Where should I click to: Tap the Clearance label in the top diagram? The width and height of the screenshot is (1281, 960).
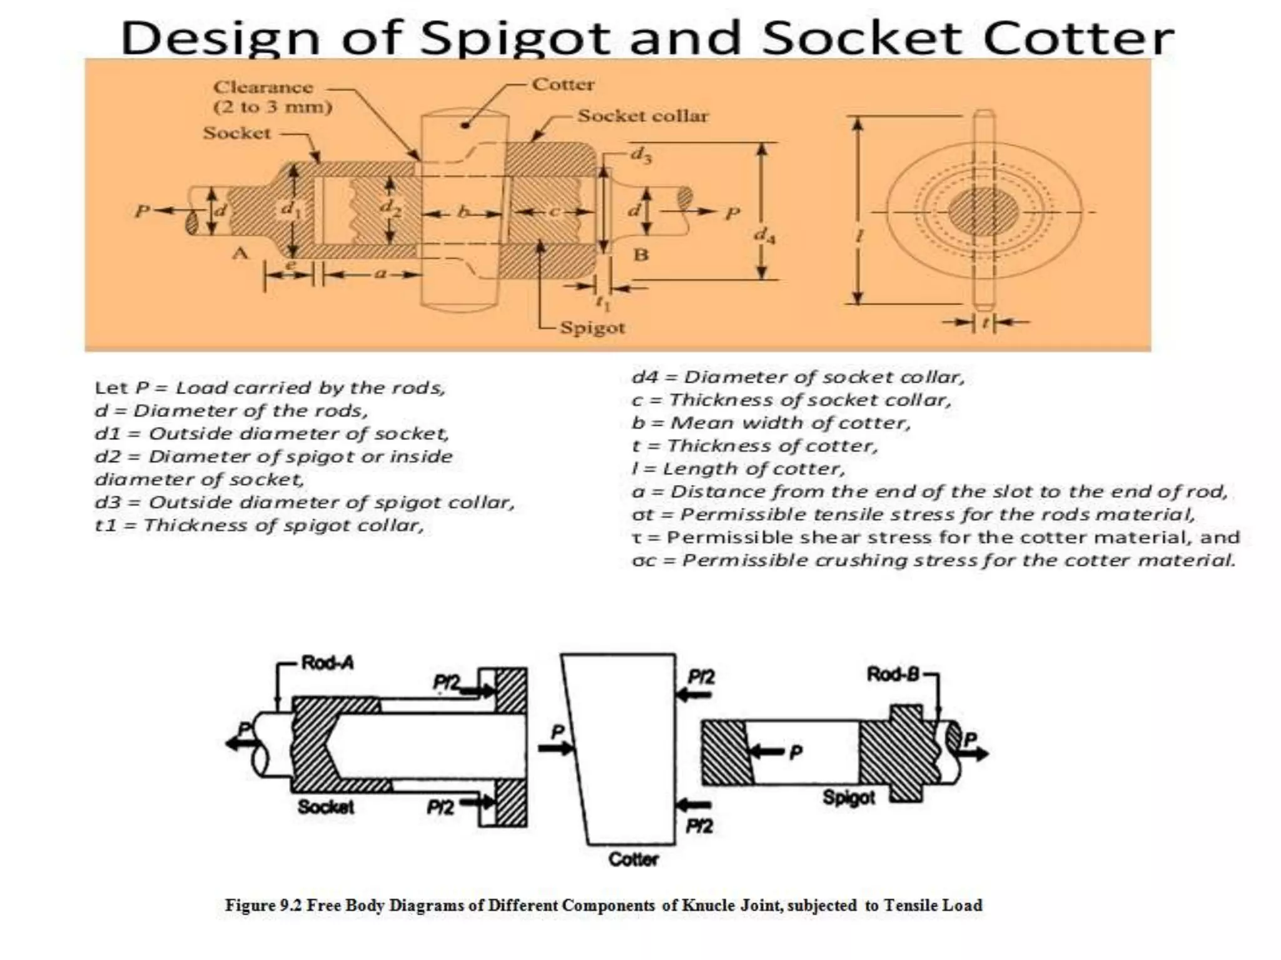pos(263,87)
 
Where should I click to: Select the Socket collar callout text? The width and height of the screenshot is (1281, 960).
pos(643,116)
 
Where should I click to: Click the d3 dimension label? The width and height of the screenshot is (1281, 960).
pos(640,154)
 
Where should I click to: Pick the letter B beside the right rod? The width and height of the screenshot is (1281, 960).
pos(641,255)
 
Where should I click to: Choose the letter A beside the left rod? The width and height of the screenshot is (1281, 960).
pos(240,253)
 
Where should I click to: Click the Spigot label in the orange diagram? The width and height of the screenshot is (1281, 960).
pos(592,328)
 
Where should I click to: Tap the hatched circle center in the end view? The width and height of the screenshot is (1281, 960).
pos(983,212)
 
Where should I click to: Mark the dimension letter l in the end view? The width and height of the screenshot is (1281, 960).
pos(859,236)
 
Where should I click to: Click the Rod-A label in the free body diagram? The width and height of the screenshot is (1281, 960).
pos(327,662)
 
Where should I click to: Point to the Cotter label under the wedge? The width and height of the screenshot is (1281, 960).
pos(633,859)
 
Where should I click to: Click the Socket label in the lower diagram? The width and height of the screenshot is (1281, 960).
pos(325,807)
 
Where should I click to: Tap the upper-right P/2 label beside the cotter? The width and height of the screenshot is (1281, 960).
pos(701,677)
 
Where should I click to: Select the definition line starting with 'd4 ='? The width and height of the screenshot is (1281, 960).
pos(798,377)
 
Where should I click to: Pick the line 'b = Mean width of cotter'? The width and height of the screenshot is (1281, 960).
pos(771,423)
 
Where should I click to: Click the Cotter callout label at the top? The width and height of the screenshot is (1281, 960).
pos(563,84)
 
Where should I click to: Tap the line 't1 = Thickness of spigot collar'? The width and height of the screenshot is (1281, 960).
pos(259,525)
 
